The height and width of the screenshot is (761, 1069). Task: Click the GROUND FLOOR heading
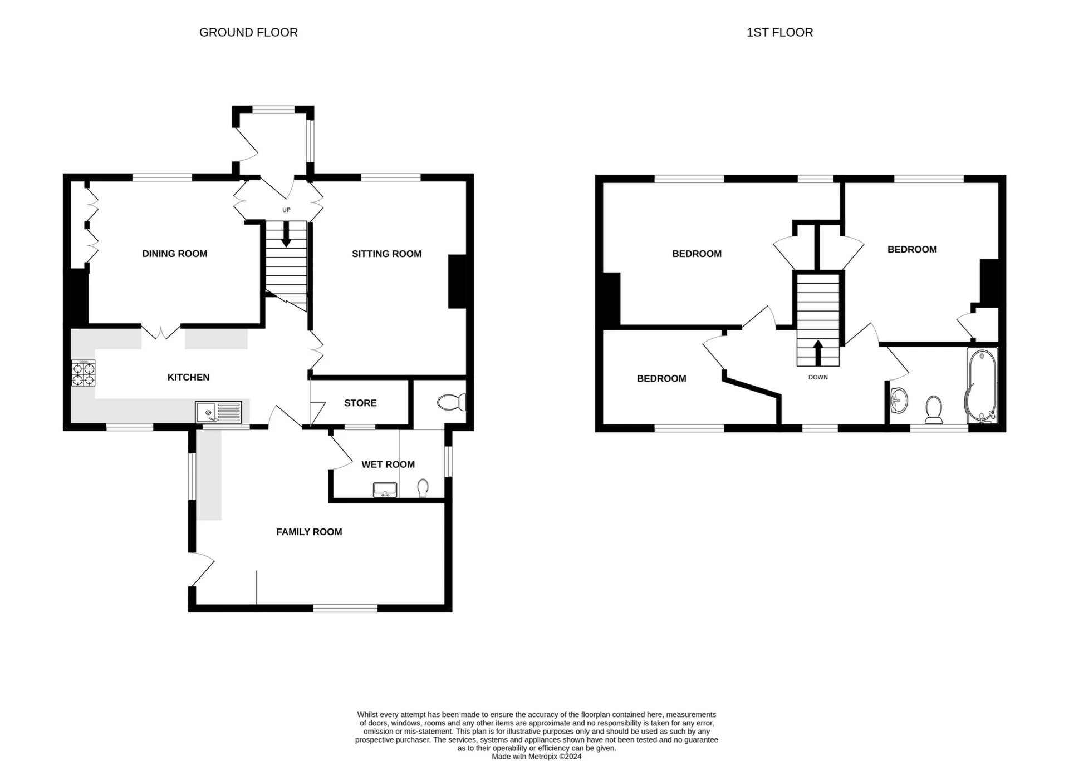[x=248, y=33]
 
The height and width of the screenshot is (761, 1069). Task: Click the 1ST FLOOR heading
[x=779, y=33]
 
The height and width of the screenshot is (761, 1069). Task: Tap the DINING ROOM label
[x=174, y=254]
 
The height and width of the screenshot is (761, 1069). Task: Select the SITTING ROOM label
[x=386, y=254]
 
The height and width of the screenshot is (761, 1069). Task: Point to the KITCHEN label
[x=188, y=377]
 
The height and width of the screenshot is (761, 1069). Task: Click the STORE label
[x=360, y=403]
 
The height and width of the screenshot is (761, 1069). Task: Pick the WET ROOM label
[x=388, y=464]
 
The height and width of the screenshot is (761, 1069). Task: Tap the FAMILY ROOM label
[x=309, y=532]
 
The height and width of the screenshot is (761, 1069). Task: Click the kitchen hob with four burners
[x=84, y=373]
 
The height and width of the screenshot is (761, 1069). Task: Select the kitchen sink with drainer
[x=218, y=412]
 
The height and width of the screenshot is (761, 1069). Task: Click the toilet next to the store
[x=452, y=402]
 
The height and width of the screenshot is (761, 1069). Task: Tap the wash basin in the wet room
[x=385, y=490]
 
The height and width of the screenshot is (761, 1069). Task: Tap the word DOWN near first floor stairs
[x=818, y=377]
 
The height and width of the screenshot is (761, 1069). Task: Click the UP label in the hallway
[x=286, y=210]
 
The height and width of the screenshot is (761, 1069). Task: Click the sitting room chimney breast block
[x=457, y=281]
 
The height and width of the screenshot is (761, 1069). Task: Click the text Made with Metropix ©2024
[x=536, y=757]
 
